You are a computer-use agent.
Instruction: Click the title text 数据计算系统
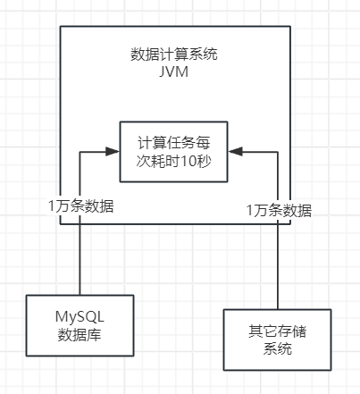tap(175, 54)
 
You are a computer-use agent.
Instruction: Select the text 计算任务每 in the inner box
tap(175, 142)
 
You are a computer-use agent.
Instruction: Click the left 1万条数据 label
tap(80, 205)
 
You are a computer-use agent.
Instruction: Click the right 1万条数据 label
tap(280, 210)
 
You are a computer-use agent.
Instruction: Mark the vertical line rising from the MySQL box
tap(80, 264)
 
